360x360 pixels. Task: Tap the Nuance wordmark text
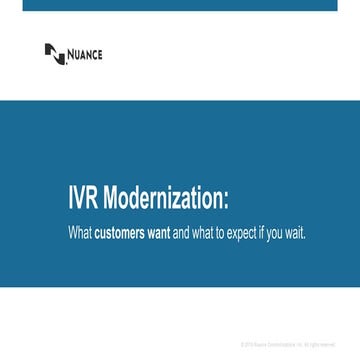click(85, 54)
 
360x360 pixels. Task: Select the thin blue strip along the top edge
click(180, 5)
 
